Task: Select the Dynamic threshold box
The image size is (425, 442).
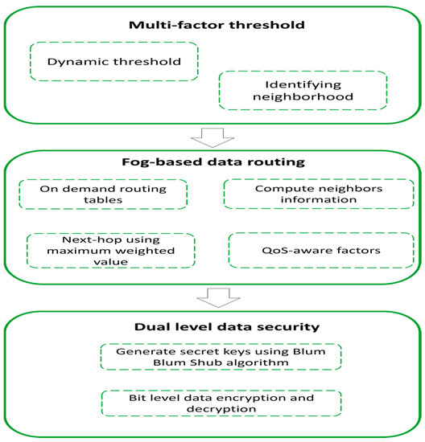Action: (x=114, y=60)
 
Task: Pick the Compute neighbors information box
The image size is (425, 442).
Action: (x=307, y=194)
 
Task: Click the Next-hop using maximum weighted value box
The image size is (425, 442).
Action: (x=110, y=249)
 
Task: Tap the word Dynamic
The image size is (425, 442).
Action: (x=77, y=60)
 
